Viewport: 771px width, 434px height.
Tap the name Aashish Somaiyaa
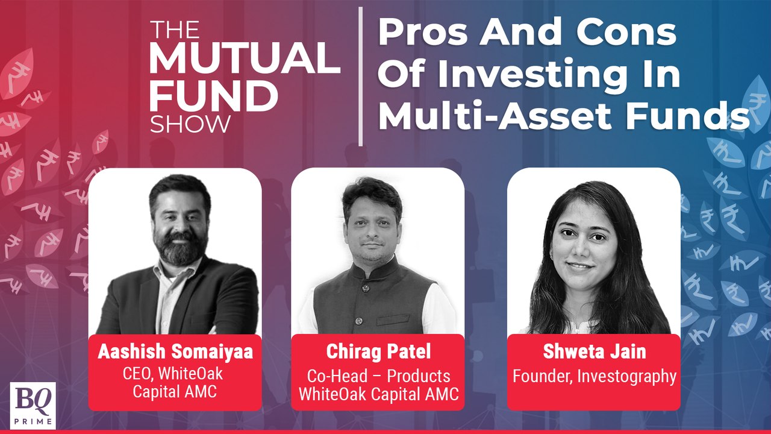click(175, 352)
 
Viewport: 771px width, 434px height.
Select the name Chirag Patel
click(378, 351)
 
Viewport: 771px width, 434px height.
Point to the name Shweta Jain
click(594, 352)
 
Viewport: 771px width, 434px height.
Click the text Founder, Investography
click(594, 376)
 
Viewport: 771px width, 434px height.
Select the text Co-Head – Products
click(378, 376)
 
